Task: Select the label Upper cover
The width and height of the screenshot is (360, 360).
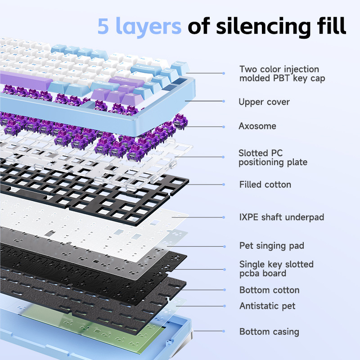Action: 264,102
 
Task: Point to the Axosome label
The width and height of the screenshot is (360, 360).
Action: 257,126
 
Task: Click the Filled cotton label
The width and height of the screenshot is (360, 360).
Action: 265,184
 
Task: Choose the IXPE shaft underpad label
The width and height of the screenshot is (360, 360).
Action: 282,217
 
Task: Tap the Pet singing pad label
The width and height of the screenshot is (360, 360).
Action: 272,246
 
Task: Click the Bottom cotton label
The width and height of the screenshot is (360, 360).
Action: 269,290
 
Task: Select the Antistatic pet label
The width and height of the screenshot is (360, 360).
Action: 267,306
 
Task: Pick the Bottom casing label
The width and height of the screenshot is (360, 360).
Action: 269,332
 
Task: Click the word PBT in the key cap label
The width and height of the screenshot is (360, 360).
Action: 278,78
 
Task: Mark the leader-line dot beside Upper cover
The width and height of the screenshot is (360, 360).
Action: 224,102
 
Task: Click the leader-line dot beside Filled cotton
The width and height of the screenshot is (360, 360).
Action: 224,184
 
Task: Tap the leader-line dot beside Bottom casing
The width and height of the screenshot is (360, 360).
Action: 224,332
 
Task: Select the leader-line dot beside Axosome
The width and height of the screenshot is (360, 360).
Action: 224,126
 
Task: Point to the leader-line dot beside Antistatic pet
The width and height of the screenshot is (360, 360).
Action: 224,306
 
